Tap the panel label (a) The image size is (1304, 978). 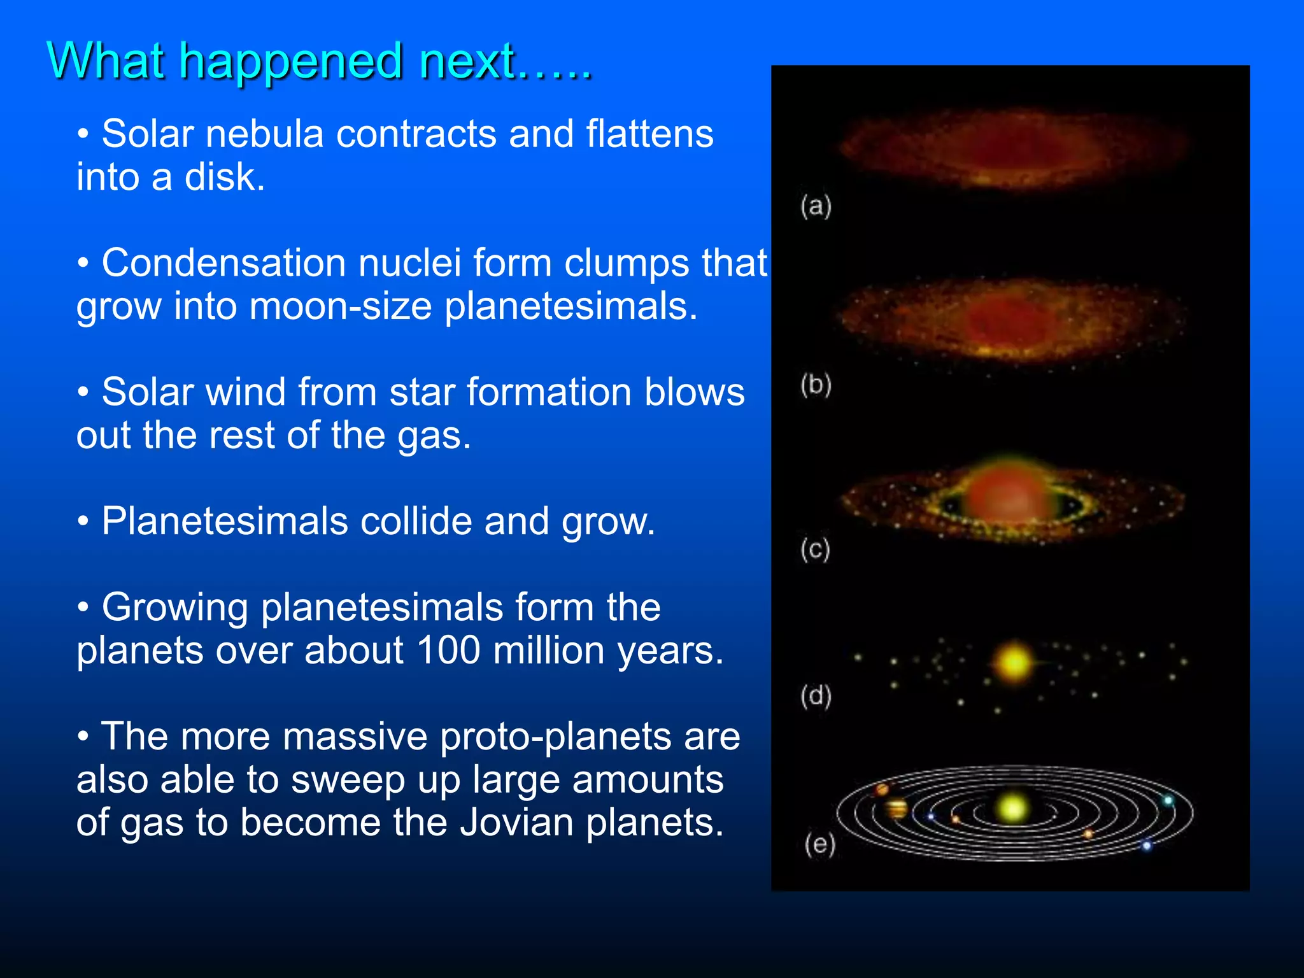[x=816, y=206]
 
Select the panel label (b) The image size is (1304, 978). [x=816, y=385]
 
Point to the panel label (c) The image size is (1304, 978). [x=815, y=549]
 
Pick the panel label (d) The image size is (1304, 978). [x=816, y=696]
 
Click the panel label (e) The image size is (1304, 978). [x=819, y=844]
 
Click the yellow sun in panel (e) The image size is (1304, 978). [x=1011, y=809]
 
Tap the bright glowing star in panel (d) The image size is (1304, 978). [x=1014, y=663]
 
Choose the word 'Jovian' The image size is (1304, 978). [x=516, y=823]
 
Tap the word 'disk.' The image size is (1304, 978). [x=224, y=178]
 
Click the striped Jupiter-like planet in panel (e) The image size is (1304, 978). [x=896, y=809]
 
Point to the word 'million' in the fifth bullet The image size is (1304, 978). [x=548, y=651]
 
